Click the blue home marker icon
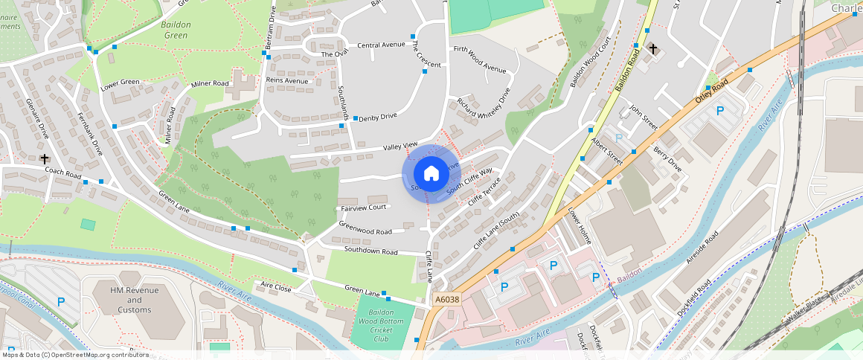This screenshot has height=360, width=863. point(431,174)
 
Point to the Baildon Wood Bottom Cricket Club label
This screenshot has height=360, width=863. point(382,325)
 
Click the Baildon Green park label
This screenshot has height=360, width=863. point(176,30)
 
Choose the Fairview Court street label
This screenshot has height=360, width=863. point(364,208)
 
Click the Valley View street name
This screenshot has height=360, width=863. point(401,147)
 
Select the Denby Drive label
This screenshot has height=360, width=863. point(378,117)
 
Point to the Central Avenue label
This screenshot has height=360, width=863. point(381,45)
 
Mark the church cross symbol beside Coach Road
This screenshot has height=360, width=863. point(45,158)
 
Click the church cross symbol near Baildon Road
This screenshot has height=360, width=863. point(653,49)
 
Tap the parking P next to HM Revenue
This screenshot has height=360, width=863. point(61,301)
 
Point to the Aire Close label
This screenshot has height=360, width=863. point(275,286)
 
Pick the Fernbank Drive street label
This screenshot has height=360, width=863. point(91,132)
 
